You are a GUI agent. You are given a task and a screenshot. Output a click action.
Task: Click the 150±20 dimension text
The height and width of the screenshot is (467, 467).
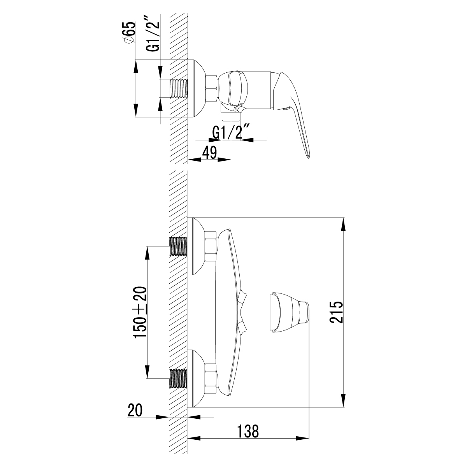coord(140,313)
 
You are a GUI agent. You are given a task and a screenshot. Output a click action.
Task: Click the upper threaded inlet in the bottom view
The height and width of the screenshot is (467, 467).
coord(178,246)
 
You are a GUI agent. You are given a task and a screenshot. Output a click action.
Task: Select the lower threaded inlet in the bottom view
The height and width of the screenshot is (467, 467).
coord(178,378)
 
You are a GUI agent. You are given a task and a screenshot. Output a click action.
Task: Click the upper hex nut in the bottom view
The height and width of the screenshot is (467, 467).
coord(210,246)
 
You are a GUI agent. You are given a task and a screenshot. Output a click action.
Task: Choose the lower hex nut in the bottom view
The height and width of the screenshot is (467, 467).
coord(210,378)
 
